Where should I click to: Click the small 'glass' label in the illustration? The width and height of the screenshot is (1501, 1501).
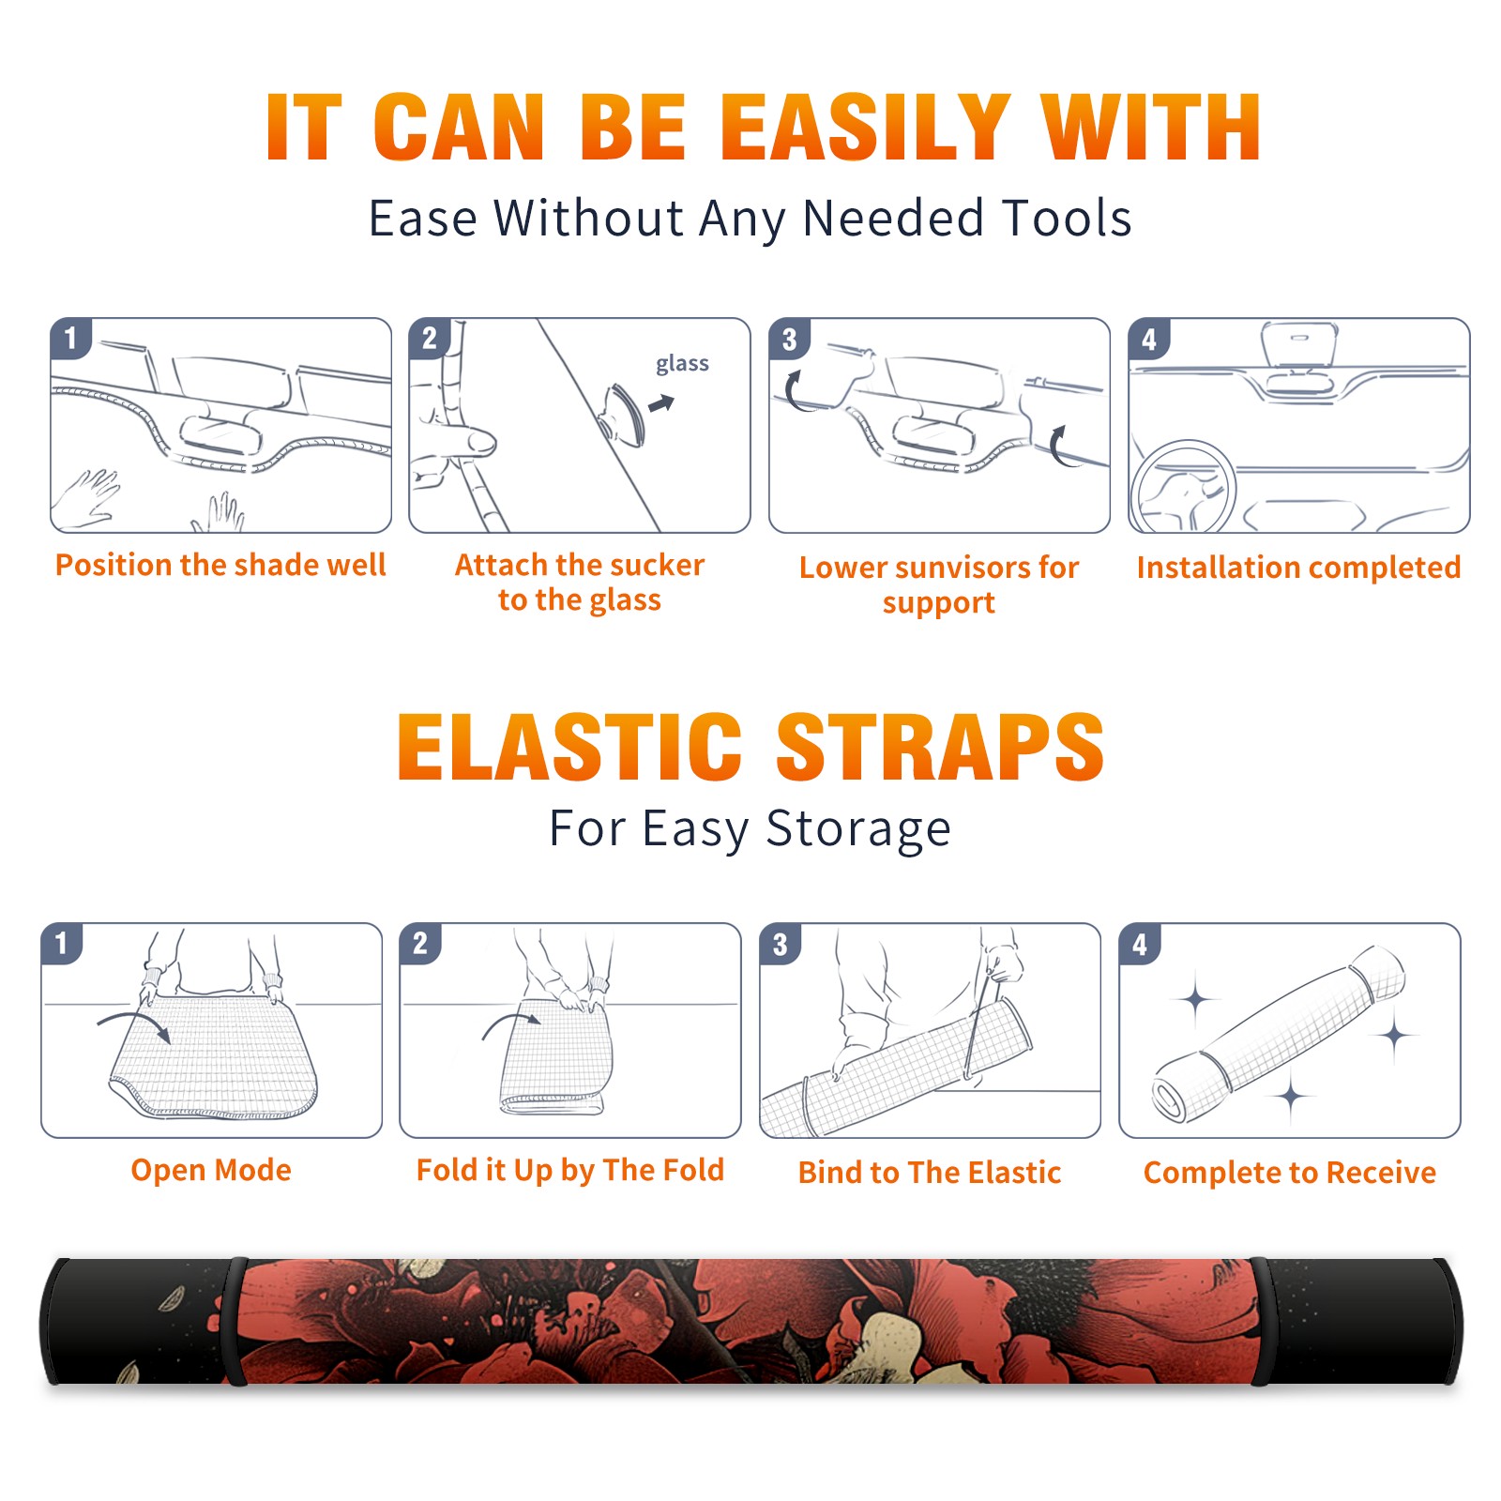click(x=682, y=364)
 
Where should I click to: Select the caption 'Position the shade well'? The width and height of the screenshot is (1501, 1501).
click(x=220, y=565)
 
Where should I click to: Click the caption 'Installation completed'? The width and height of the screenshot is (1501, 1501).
click(x=1298, y=568)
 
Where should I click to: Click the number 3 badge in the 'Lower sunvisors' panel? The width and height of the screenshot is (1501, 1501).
click(x=789, y=339)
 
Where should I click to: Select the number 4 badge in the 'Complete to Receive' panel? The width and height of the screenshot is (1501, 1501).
click(x=1140, y=944)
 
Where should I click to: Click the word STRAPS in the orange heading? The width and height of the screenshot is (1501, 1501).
click(x=940, y=747)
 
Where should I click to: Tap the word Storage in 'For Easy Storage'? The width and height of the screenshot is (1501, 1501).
click(x=858, y=829)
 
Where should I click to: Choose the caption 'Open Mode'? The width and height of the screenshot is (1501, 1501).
click(x=211, y=1170)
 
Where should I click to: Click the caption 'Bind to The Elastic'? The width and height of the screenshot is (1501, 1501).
click(x=930, y=1173)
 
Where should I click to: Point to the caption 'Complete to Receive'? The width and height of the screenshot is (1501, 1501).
click(x=1290, y=1173)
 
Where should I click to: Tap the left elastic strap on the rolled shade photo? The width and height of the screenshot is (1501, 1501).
click(x=235, y=1322)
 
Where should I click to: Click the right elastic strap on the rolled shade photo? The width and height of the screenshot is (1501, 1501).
click(x=1259, y=1322)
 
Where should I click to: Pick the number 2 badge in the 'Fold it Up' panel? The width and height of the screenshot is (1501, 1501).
click(x=420, y=944)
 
